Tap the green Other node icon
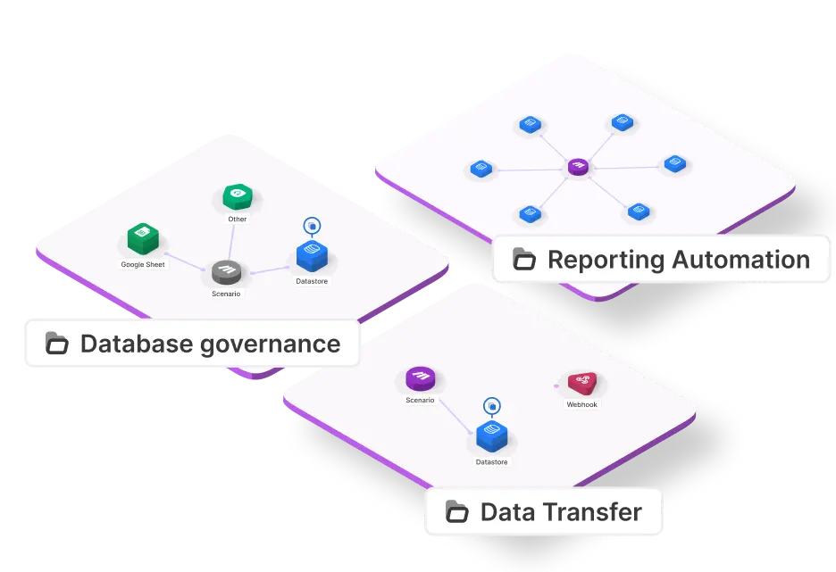tap(237, 196)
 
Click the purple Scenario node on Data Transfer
tap(420, 379)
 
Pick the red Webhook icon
tap(581, 384)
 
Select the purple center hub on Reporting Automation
tap(578, 167)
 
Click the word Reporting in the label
tap(606, 260)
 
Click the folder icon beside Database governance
tap(57, 344)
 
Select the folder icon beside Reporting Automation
tap(524, 260)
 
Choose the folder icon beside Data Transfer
tap(457, 512)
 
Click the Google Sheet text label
tap(143, 265)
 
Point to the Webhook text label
tap(581, 404)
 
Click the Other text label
tap(237, 219)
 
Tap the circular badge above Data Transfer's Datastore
tap(491, 407)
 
